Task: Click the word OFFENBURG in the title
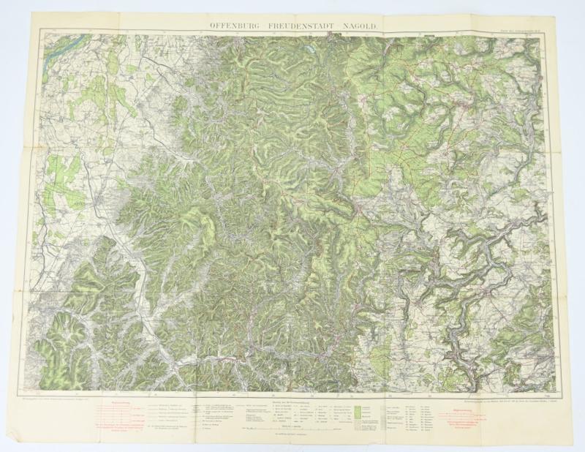tap(235, 25)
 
